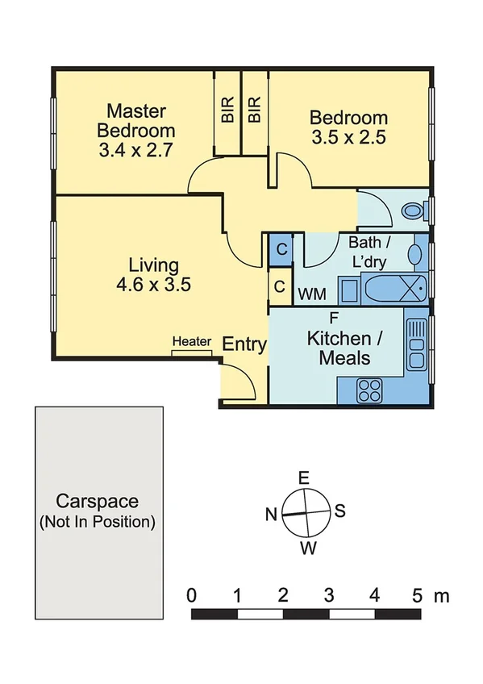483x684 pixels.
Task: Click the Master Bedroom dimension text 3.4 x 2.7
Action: tap(135, 149)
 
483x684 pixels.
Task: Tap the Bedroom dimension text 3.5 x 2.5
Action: tap(348, 137)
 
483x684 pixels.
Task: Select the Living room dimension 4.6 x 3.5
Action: tap(153, 284)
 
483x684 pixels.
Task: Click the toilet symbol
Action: tap(414, 211)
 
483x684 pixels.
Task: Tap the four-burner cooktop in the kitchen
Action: tap(369, 391)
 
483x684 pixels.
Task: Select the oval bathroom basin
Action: tap(415, 254)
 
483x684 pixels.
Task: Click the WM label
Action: tap(312, 295)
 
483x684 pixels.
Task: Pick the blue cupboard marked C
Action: tap(281, 248)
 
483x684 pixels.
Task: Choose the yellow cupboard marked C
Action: tap(279, 286)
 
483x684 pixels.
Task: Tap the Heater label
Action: tap(191, 342)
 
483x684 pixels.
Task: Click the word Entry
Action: tap(244, 344)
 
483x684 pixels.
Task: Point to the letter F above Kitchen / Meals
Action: tap(333, 316)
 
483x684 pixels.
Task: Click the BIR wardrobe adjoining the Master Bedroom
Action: tap(227, 111)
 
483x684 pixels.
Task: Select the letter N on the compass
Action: tap(271, 513)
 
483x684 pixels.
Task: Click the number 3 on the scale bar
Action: tap(328, 596)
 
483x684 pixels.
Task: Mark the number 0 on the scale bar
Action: tap(192, 596)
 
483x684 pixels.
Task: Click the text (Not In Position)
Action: tap(97, 522)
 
